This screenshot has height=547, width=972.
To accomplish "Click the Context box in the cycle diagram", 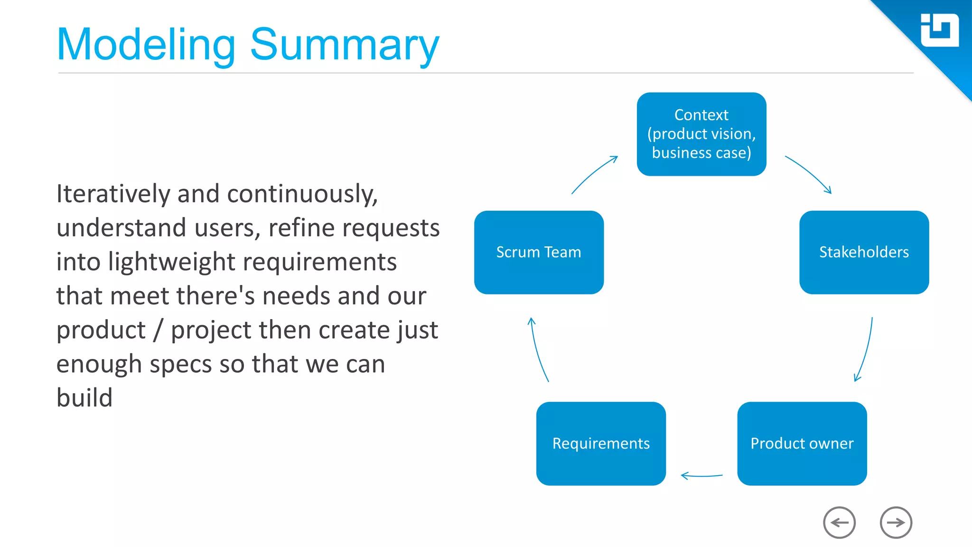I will (701, 134).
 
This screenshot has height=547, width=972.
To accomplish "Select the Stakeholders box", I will (864, 252).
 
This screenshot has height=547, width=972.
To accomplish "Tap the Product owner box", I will (802, 443).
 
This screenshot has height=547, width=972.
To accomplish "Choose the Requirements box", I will (601, 443).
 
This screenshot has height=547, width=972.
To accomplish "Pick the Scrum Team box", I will (539, 252).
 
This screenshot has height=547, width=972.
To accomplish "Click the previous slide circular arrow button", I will (839, 522).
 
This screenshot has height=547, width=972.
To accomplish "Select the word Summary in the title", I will (344, 45).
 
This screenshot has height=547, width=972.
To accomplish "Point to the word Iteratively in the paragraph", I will (113, 194).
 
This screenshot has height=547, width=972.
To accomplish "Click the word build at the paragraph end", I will (84, 398).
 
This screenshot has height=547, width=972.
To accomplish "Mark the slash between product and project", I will (158, 330).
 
